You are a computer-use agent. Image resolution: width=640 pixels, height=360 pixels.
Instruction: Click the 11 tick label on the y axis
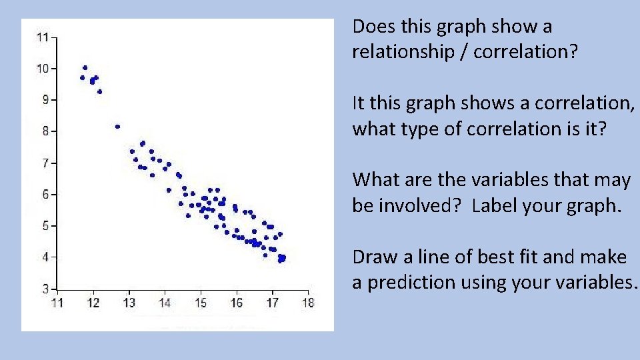click(43, 37)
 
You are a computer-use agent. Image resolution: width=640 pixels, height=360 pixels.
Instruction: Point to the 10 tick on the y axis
click(43, 69)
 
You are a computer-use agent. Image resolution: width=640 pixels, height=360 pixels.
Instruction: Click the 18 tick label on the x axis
click(307, 303)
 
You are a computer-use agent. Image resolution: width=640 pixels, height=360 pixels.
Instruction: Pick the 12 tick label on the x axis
click(93, 303)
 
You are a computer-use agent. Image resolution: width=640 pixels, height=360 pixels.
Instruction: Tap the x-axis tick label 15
click(201, 303)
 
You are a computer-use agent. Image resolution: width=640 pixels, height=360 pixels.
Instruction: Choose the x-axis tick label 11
click(58, 303)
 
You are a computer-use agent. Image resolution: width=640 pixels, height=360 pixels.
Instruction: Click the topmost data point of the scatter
click(85, 67)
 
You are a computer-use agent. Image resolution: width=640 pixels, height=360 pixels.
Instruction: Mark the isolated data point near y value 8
click(117, 126)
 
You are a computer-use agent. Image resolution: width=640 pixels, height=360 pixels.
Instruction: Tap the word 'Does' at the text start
click(371, 27)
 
